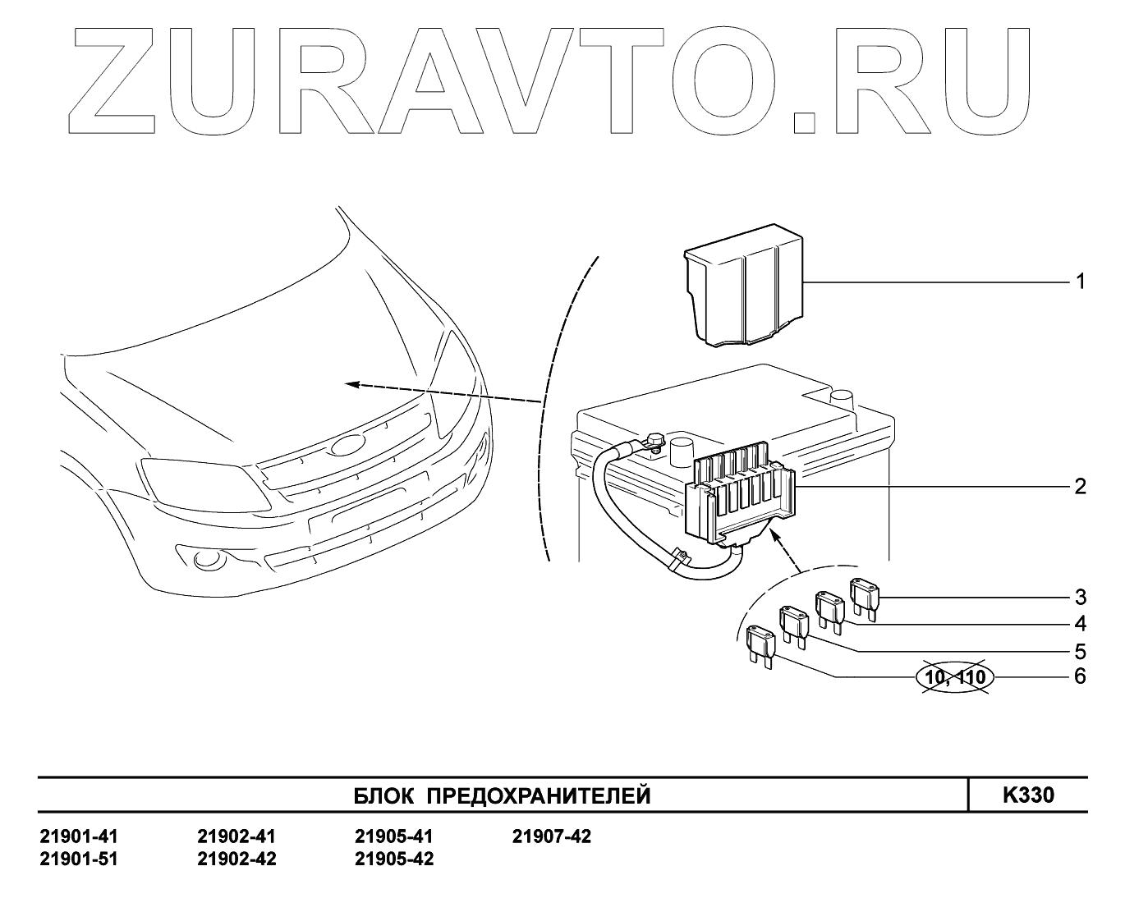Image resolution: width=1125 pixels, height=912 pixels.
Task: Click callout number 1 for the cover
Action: click(x=1080, y=282)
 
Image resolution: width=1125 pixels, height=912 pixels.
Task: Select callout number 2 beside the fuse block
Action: click(x=1080, y=487)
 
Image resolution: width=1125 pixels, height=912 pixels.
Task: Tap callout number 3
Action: click(x=1080, y=597)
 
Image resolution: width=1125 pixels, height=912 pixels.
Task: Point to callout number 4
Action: click(x=1080, y=624)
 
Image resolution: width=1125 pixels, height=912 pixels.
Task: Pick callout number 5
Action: click(x=1080, y=651)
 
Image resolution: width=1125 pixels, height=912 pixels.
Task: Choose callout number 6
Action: click(x=1080, y=676)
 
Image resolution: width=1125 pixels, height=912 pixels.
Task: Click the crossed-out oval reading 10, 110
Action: click(x=954, y=677)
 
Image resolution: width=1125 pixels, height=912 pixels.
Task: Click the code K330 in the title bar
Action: click(x=1027, y=795)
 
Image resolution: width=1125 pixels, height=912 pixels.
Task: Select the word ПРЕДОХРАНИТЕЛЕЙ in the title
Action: click(x=540, y=796)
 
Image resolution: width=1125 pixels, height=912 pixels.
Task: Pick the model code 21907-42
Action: click(x=551, y=837)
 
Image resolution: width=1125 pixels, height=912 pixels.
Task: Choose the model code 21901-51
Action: click(x=79, y=859)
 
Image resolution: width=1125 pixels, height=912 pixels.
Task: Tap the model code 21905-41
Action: click(x=393, y=837)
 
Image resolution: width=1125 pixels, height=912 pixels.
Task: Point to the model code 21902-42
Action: click(x=236, y=859)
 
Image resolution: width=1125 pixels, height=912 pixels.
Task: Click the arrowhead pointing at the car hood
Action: click(x=351, y=383)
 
